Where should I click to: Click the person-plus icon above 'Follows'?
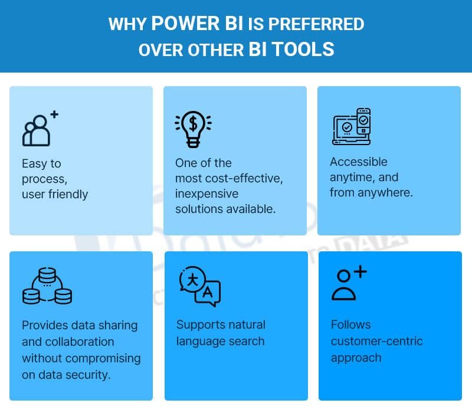(348, 283)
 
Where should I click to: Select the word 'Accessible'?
(359, 162)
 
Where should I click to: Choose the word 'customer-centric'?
(376, 341)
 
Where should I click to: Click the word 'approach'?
(356, 358)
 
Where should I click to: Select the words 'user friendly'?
(55, 194)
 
